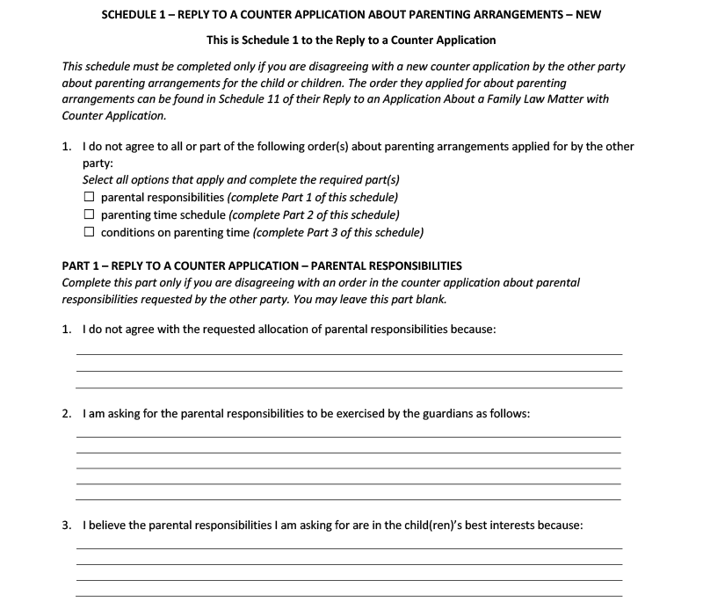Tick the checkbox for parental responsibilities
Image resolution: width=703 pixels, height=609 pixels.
[x=89, y=198]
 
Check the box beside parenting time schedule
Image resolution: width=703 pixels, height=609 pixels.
[x=89, y=215]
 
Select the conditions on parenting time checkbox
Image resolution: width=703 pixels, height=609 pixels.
[x=89, y=233]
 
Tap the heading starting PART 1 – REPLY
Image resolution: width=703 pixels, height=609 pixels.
[x=262, y=265]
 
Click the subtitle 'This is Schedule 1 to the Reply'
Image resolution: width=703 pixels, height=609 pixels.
[x=351, y=40]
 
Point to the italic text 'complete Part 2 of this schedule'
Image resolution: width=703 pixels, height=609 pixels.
[x=314, y=215]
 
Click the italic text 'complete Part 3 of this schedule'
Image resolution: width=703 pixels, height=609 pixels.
[x=338, y=233]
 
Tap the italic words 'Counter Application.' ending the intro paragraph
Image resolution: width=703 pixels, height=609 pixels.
[x=113, y=116]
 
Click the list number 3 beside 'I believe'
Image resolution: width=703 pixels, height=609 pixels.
[x=67, y=526]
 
